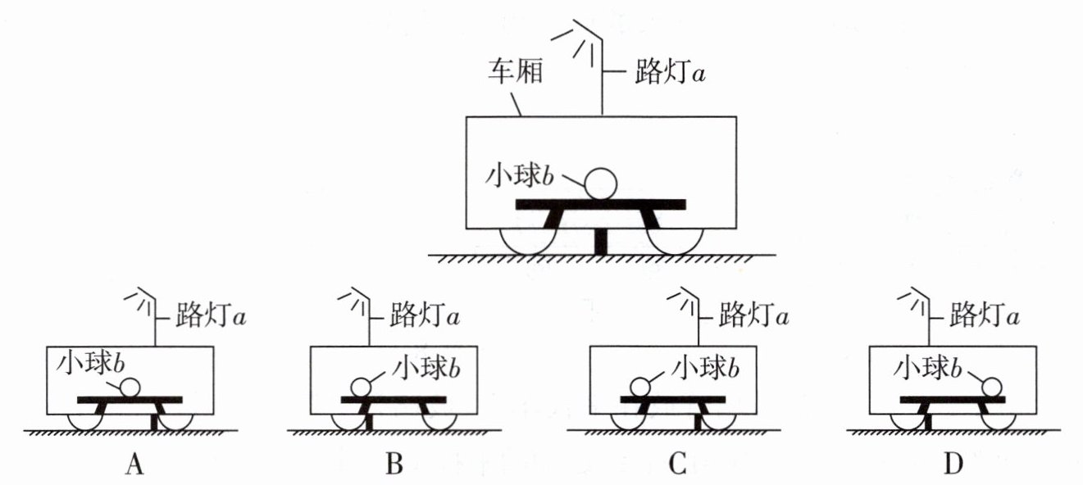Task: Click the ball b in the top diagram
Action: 601,184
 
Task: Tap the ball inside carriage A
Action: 130,387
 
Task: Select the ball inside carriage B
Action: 360,387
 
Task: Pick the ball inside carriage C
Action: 640,387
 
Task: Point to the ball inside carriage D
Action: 992,387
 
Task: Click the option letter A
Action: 134,465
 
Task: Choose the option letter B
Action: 394,465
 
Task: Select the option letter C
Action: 677,465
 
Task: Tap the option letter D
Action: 953,465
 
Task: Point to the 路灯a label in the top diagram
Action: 670,73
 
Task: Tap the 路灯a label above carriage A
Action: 211,315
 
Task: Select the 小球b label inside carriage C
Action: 705,368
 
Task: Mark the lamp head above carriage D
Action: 913,301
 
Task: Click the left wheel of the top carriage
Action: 529,242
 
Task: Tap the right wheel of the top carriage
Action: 676,242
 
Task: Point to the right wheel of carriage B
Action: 439,423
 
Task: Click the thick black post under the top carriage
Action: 601,242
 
